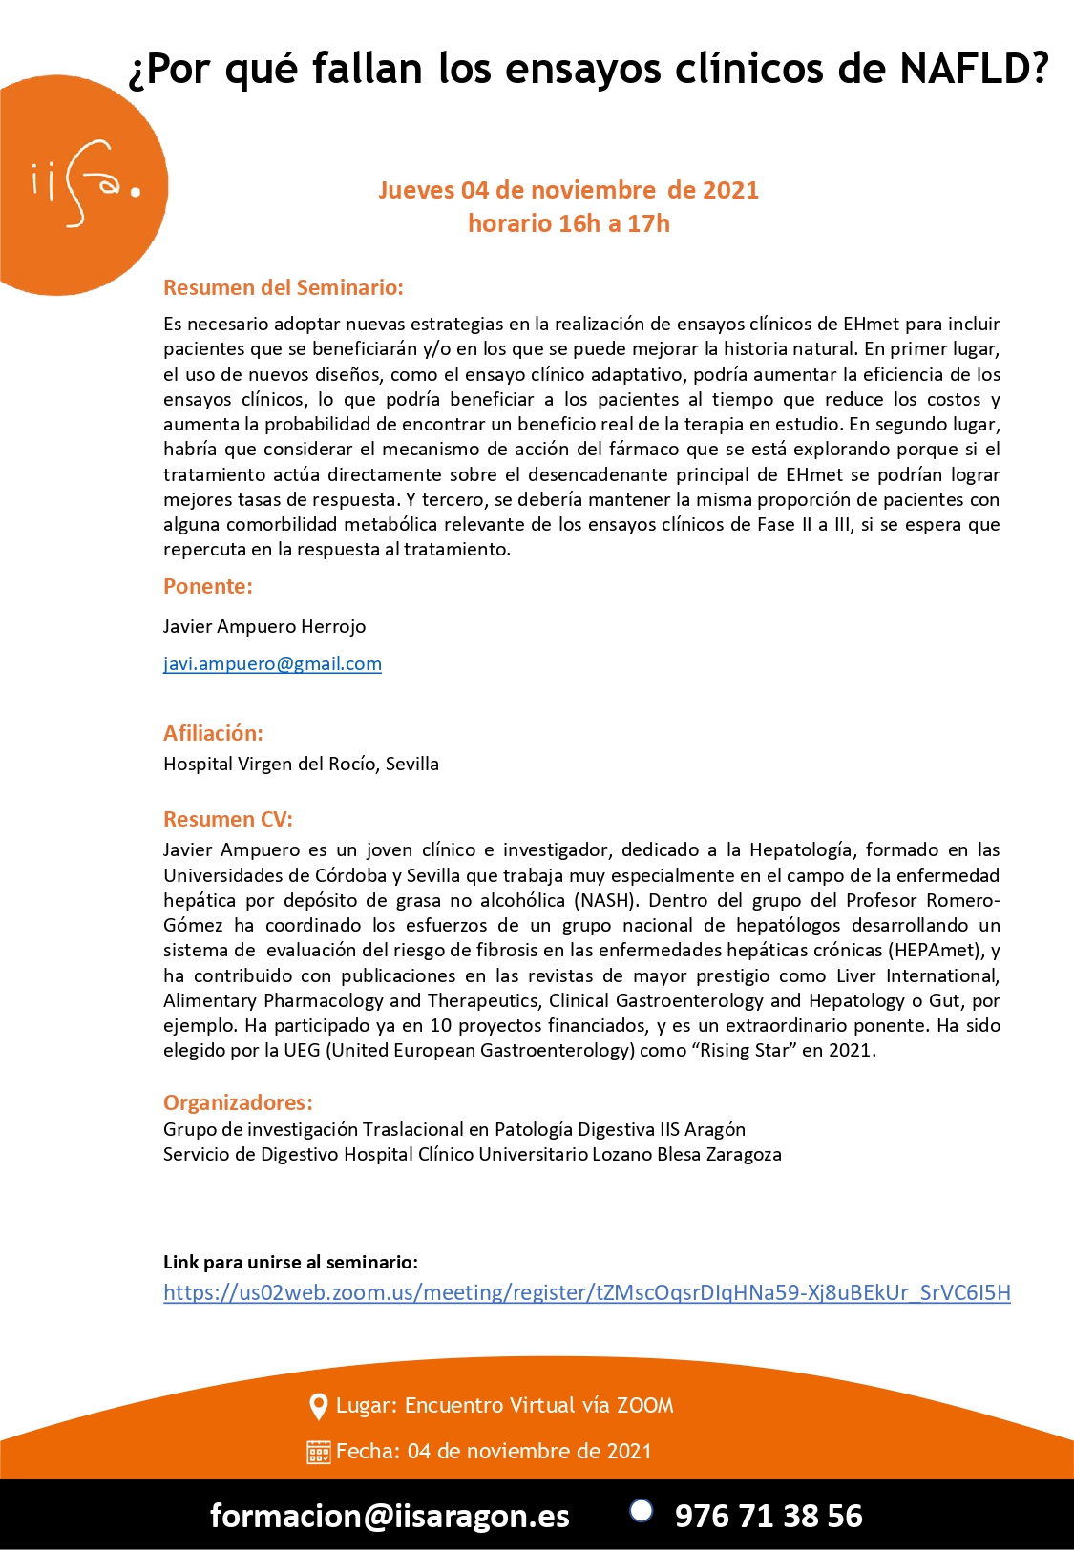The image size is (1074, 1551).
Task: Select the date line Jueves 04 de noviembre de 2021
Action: pos(568,190)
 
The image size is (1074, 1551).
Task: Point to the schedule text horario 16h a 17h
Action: pos(568,223)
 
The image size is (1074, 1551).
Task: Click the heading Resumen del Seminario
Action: pos(284,287)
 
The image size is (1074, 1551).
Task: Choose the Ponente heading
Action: pos(208,586)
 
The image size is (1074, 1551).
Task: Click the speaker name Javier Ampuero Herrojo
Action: pos(264,626)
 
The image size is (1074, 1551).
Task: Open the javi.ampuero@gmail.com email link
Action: pos(272,663)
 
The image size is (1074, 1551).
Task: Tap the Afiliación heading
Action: pos(213,733)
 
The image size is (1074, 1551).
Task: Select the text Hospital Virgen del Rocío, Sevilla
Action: pos(301,764)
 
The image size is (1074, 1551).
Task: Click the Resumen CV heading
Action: pos(228,819)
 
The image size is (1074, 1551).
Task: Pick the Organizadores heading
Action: pos(238,1102)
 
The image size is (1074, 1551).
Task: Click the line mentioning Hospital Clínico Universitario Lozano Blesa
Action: pos(472,1154)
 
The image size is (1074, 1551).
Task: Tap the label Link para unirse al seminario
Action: pos(290,1262)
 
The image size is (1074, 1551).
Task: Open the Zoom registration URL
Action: pos(586,1292)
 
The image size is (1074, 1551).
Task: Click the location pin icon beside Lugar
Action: pos(319,1406)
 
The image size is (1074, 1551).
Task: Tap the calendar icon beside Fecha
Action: pos(319,1452)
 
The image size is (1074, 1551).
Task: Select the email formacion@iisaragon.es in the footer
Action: pos(390,1516)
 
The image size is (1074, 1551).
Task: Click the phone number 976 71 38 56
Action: pos(769,1516)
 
